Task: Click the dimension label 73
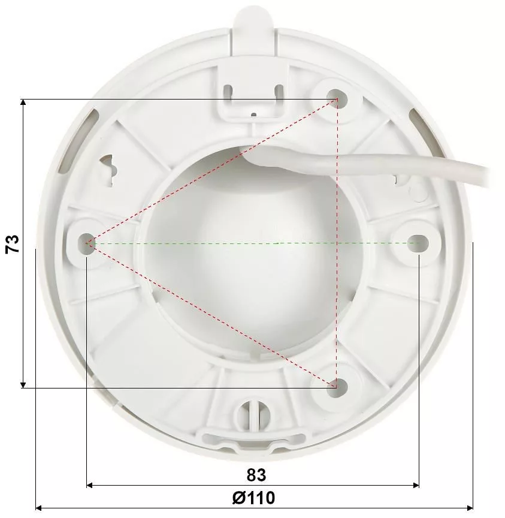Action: pos(12,244)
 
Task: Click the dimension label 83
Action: pos(256,475)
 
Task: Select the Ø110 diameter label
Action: pos(253,498)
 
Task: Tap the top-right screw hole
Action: pos(337,98)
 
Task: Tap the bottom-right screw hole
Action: pos(337,387)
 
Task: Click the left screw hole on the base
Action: pos(86,243)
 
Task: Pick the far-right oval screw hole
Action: pos(418,244)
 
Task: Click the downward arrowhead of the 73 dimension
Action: pos(23,385)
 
